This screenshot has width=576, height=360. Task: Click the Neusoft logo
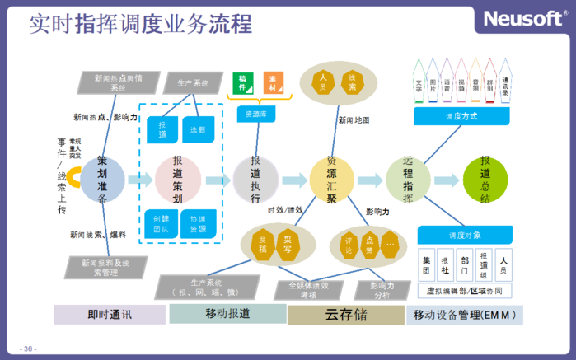click(x=524, y=19)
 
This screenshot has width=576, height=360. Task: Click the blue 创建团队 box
click(x=162, y=223)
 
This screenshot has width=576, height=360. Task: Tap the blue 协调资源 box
click(x=198, y=223)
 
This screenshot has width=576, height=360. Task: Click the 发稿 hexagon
click(x=262, y=245)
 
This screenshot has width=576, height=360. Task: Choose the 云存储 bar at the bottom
click(x=345, y=315)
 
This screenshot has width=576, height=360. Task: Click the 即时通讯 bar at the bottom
click(x=110, y=315)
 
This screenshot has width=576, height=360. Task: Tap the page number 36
click(x=30, y=349)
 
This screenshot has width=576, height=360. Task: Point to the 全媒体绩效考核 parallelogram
click(x=308, y=288)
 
